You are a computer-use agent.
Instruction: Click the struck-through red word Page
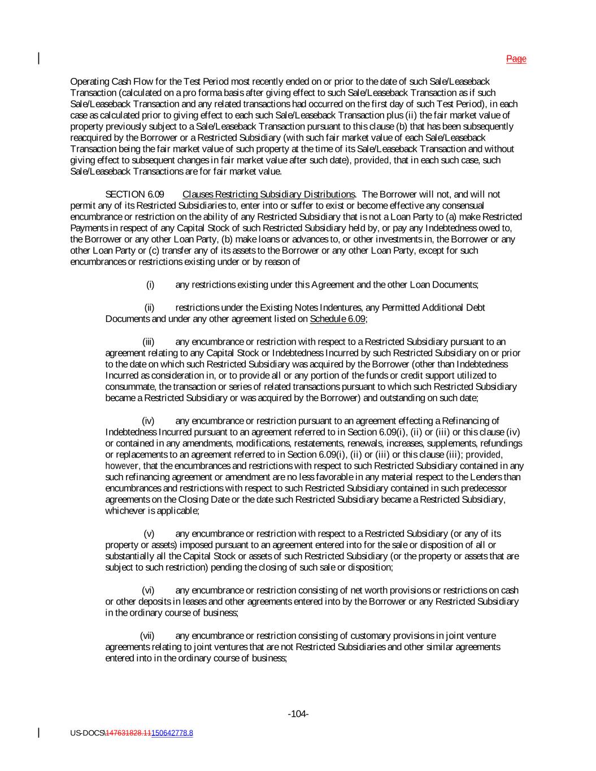[516, 59]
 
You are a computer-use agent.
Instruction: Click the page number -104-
[298, 714]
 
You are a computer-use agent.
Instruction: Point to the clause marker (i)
[150, 285]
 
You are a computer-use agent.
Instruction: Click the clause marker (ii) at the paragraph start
[149, 308]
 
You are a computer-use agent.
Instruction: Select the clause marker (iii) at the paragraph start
[148, 342]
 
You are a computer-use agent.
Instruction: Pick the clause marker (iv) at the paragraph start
[148, 421]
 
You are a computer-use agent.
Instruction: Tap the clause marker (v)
[149, 534]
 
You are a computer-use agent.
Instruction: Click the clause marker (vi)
[148, 590]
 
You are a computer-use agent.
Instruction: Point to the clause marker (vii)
[147, 635]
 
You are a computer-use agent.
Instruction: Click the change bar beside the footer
[38, 733]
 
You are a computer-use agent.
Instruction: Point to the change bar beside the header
[38, 58]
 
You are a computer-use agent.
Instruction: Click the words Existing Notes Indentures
[311, 308]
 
